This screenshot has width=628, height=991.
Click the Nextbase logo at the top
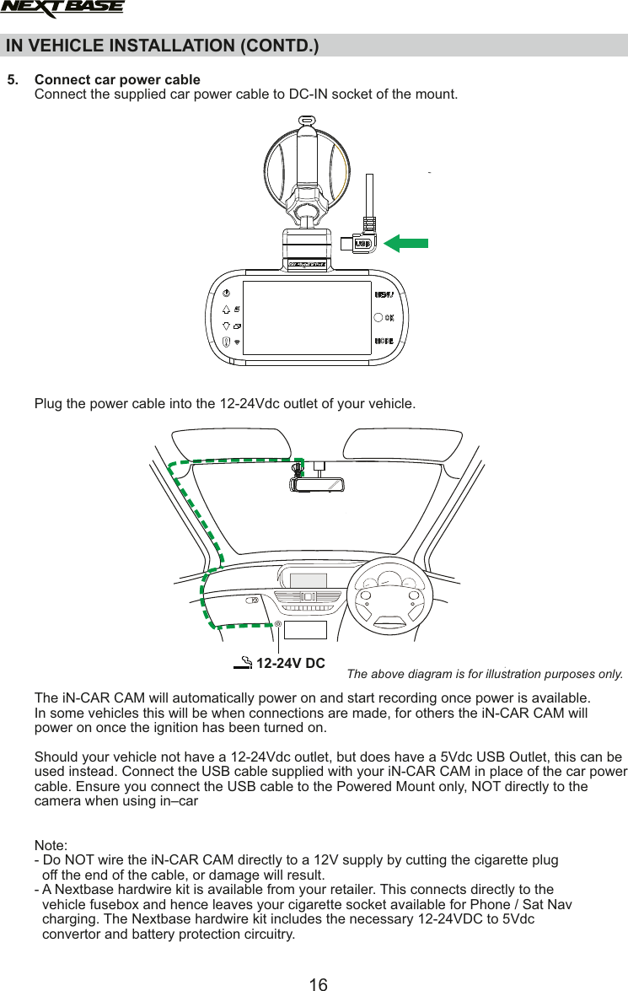point(62,8)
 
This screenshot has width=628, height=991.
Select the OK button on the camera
point(378,318)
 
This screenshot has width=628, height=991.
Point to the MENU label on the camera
point(384,294)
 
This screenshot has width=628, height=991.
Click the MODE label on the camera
point(384,342)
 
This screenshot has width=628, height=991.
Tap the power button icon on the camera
point(226,294)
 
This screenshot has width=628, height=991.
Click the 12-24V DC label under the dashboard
point(291,663)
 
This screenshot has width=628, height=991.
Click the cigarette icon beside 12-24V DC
point(243,663)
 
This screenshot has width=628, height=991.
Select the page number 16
point(318,983)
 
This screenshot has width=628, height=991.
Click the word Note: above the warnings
point(51,846)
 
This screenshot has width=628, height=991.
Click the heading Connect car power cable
point(117,80)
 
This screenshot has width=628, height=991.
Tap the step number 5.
point(12,80)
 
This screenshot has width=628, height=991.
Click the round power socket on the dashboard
point(277,623)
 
